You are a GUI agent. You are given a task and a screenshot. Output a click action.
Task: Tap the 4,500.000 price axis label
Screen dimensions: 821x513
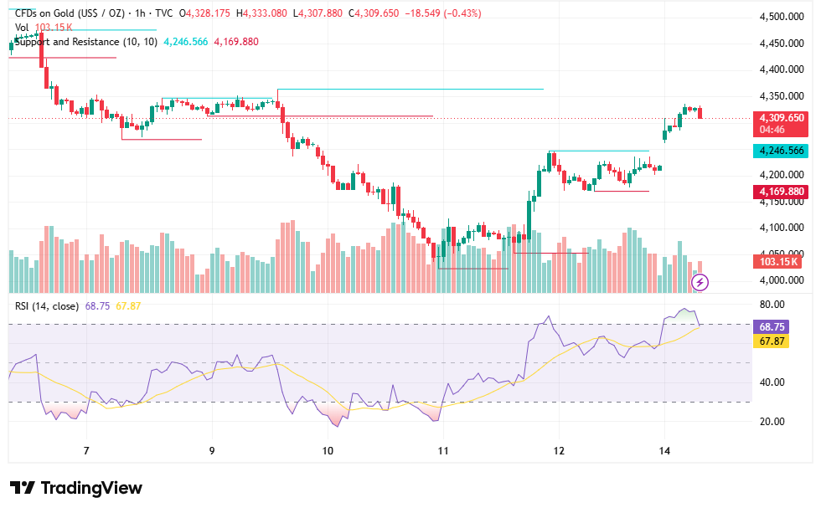[782, 17]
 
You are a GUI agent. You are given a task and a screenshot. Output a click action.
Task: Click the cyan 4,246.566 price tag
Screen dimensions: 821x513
[780, 151]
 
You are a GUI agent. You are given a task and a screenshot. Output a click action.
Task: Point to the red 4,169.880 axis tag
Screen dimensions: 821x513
[780, 192]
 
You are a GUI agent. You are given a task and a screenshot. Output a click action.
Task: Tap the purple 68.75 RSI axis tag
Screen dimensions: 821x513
[772, 327]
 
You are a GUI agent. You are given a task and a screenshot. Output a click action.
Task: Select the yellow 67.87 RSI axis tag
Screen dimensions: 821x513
[772, 341]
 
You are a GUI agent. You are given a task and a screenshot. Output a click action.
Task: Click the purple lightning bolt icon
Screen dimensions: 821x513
[700, 282]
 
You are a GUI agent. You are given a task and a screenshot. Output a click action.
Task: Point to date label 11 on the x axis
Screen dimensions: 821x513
[443, 451]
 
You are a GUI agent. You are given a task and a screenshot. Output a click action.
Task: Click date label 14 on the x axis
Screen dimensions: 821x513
[664, 451]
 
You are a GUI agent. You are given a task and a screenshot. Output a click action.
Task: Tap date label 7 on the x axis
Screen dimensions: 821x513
[86, 451]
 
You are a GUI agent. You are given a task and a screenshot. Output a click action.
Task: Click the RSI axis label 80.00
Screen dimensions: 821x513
[772, 305]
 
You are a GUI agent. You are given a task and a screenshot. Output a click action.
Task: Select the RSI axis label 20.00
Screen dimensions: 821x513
[772, 422]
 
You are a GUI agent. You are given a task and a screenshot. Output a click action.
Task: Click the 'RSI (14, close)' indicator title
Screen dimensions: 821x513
[47, 306]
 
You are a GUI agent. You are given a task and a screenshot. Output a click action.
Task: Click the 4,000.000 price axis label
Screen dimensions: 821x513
[782, 280]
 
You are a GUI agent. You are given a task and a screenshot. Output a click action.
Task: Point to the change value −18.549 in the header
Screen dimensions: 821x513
[422, 13]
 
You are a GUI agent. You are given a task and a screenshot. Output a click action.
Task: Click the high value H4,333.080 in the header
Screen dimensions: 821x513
[261, 13]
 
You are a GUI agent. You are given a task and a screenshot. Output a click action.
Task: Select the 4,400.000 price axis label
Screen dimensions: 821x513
[782, 69]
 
